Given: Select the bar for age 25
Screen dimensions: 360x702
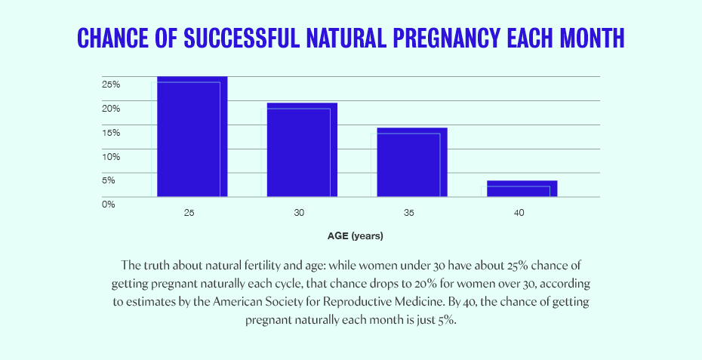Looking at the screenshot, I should [192, 137].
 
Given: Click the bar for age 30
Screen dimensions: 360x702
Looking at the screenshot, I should [302, 149].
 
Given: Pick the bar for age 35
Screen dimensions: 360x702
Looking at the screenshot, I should [412, 162].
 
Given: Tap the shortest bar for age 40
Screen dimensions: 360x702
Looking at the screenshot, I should [522, 189].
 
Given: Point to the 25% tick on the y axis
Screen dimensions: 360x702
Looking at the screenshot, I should [111, 84].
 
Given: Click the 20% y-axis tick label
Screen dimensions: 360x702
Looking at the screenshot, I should [111, 108].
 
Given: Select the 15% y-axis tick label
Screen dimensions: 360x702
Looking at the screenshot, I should [111, 132].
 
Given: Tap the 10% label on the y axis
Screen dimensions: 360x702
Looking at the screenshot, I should [111, 156].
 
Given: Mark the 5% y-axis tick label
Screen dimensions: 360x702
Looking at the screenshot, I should [109, 180].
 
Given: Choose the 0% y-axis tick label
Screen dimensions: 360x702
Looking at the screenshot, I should [109, 203].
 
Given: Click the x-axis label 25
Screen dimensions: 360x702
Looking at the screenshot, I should [189, 214].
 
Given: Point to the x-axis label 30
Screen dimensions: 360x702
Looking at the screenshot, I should [299, 214].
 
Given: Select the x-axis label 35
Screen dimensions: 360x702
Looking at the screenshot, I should [409, 214].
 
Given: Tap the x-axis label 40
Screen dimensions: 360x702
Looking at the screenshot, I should [519, 214].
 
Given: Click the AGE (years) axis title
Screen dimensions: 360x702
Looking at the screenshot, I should [355, 236].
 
